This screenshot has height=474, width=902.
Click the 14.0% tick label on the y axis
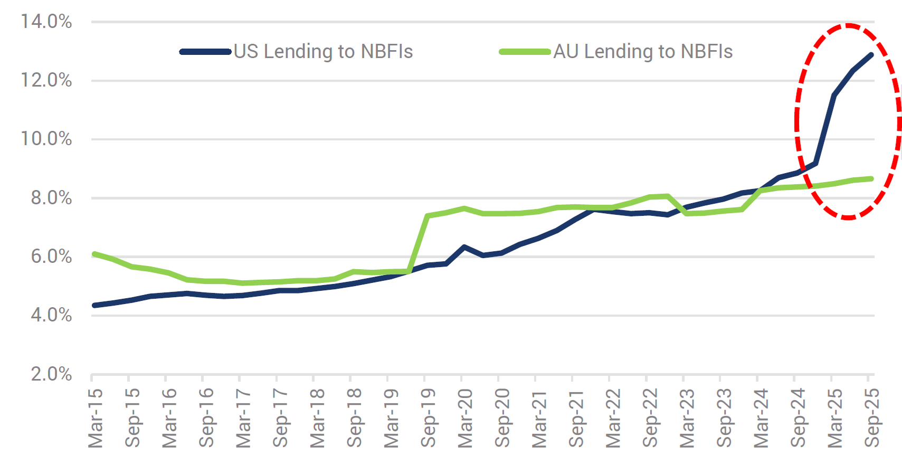click(46, 22)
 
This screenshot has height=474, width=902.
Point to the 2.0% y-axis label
click(51, 374)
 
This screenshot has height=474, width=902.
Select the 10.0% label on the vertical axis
click(46, 139)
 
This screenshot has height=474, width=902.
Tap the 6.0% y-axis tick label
click(51, 257)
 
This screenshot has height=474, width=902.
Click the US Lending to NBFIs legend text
click(323, 52)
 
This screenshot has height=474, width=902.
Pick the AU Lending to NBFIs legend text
click(643, 52)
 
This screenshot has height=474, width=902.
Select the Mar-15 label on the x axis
click(96, 418)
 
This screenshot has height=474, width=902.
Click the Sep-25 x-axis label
click(872, 418)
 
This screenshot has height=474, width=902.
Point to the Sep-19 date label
click(428, 418)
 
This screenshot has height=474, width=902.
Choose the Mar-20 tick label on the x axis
click(465, 418)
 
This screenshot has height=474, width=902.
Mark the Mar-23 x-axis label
click(687, 418)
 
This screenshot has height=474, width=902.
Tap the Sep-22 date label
click(650, 418)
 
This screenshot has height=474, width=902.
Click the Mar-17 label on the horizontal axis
click(243, 418)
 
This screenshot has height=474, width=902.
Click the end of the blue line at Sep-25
click(870, 55)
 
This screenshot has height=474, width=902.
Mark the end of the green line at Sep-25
click(870, 179)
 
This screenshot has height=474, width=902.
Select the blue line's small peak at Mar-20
click(464, 247)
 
